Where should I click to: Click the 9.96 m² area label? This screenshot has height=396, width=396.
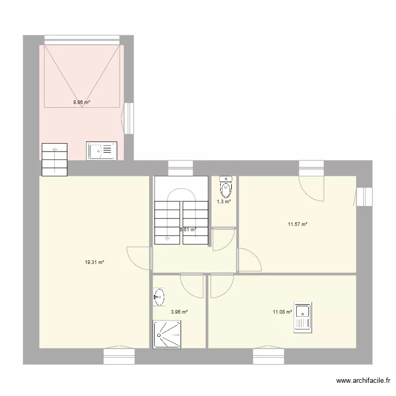click(81, 102)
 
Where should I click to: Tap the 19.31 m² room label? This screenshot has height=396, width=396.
click(95, 262)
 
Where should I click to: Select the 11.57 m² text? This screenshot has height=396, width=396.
click(297, 224)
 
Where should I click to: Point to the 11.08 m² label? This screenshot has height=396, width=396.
click(282, 312)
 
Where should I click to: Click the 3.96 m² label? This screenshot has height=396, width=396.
click(179, 312)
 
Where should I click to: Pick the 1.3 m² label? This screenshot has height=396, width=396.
click(224, 201)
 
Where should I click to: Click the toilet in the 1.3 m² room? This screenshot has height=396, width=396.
click(225, 186)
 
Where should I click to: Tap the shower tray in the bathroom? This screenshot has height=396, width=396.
click(167, 334)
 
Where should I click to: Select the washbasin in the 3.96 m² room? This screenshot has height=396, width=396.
click(159, 298)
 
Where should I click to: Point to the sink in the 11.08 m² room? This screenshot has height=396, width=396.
click(303, 318)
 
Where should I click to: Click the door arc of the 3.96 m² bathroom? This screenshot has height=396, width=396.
click(192, 285)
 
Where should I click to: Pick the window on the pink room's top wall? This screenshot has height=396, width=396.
click(82, 39)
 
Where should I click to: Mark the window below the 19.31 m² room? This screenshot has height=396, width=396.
click(119, 356)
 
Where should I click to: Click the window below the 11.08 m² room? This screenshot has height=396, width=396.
click(268, 356)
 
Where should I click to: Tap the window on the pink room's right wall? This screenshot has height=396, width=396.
click(128, 117)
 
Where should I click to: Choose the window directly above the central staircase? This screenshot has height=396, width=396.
click(180, 168)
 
